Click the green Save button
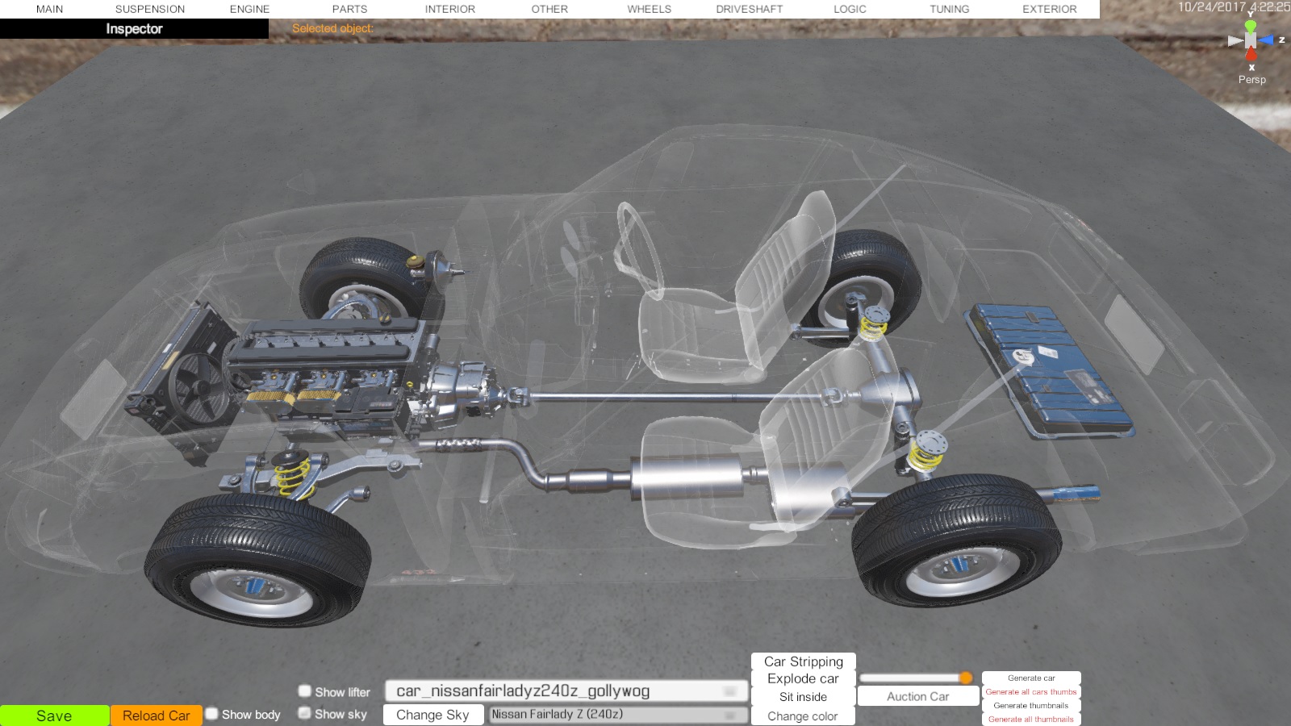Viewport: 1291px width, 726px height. tap(54, 716)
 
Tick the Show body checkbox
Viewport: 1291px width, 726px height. tap(212, 714)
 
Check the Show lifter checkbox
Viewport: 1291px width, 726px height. tap(305, 691)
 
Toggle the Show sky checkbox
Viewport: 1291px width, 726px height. tap(305, 713)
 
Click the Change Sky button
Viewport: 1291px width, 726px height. tap(432, 715)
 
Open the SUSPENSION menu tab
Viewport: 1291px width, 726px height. tap(150, 9)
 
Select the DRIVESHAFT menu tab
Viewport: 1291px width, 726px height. tap(750, 9)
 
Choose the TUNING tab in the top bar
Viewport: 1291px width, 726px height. tap(949, 9)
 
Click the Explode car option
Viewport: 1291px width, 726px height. tap(803, 678)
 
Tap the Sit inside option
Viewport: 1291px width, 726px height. tap(803, 697)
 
